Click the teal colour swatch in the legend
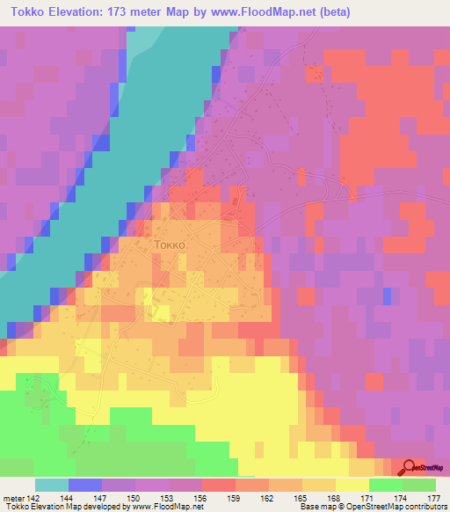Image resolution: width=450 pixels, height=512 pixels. pos(52,485)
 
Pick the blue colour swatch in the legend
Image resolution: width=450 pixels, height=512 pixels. pos(85,485)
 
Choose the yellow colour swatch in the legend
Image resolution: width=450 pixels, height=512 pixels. pos(352,485)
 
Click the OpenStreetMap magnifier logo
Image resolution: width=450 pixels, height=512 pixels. pos(408,468)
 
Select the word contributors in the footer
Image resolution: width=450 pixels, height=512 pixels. pos(425,507)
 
